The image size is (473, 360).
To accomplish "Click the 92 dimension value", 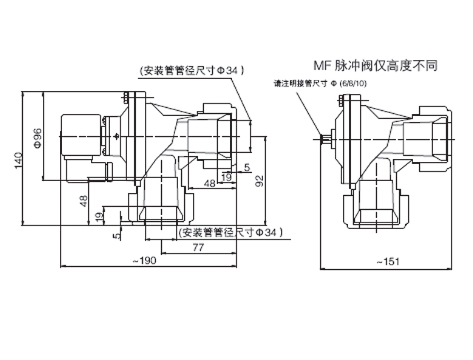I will pos(259,180).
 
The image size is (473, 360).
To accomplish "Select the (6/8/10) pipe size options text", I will pos(353,83).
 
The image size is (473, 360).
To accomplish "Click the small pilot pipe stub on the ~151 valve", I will pos(326,137).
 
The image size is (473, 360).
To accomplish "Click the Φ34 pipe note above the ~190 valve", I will pos(191,70).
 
